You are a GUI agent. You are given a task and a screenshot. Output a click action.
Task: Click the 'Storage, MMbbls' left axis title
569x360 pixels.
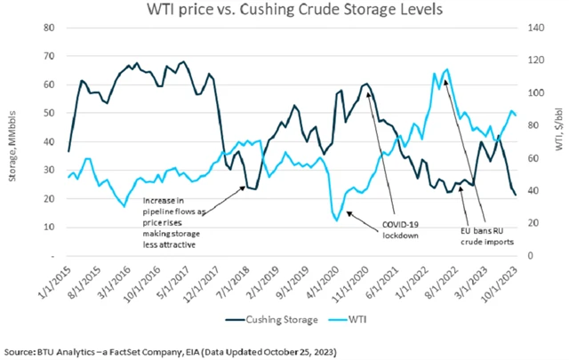point(13,140)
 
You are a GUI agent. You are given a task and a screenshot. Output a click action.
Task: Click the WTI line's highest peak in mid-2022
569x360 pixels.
point(445,69)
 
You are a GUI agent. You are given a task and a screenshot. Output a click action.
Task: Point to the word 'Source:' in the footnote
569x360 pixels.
point(22,345)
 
